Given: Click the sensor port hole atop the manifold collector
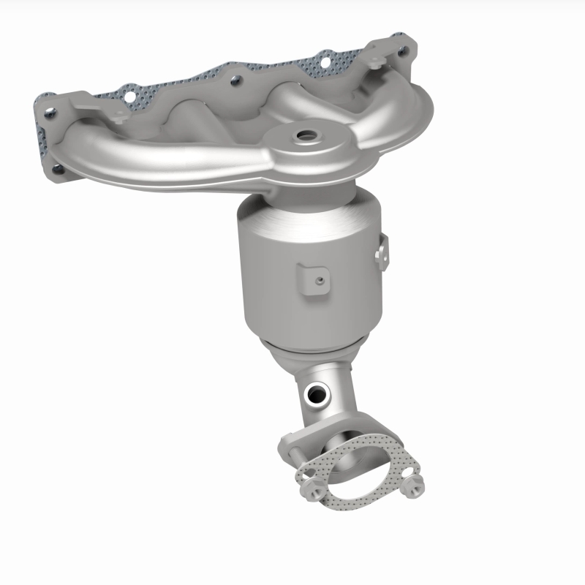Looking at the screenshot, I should pos(302,136).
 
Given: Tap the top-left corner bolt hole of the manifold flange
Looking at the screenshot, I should pos(50,113).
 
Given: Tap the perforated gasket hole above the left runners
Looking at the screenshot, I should pos(132,95).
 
